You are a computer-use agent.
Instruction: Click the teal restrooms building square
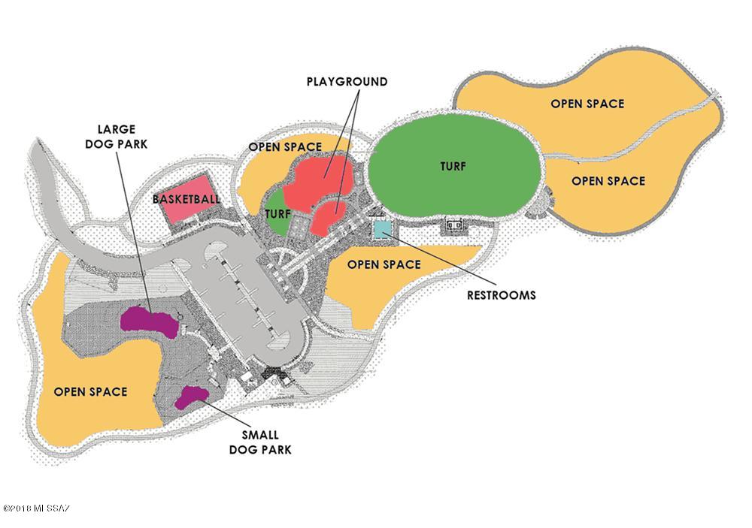click(383, 230)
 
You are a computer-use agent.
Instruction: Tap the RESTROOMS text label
click(501, 295)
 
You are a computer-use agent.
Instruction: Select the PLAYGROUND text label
click(347, 81)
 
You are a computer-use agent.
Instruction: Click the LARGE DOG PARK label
click(116, 137)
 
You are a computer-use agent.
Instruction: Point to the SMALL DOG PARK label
click(260, 442)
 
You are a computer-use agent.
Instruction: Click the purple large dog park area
click(149, 322)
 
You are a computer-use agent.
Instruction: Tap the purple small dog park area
click(191, 397)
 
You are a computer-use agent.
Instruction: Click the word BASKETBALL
click(186, 199)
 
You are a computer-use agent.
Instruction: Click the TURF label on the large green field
click(453, 166)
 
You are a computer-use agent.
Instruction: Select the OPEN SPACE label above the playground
click(285, 146)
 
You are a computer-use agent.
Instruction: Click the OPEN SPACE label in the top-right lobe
click(587, 104)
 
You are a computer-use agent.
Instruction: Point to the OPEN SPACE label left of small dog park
click(91, 392)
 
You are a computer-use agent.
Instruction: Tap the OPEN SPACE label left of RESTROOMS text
click(384, 264)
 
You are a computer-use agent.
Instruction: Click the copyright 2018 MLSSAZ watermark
click(36, 508)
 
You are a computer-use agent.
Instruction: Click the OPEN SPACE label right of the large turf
click(608, 181)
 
